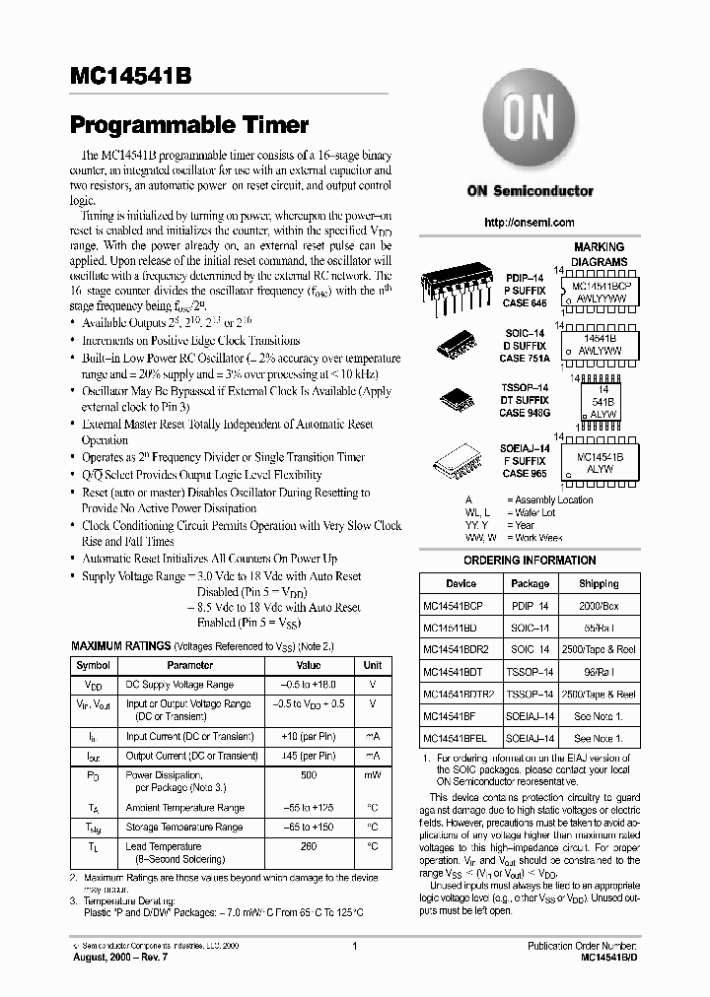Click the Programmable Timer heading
[189, 125]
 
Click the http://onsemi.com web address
[530, 223]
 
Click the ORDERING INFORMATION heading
[530, 561]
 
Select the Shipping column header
[599, 583]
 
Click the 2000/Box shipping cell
[599, 606]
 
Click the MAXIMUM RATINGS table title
[106, 646]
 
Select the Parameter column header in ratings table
[189, 665]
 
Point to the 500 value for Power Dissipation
[310, 775]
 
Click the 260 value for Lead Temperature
[310, 846]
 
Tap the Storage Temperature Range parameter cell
[183, 828]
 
